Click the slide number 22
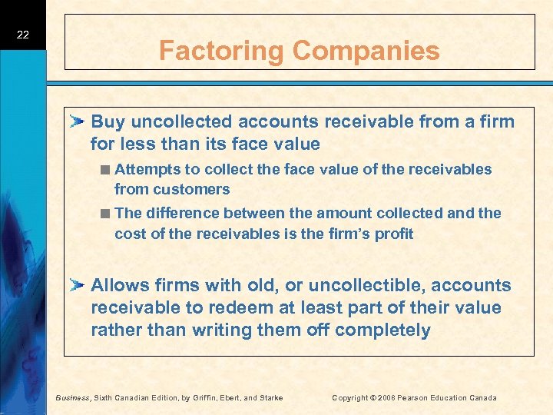pyautogui.click(x=23, y=35)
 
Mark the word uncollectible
pyautogui.click(x=361, y=285)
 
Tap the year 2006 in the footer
pyautogui.click(x=382, y=397)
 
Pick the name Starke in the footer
pyautogui.click(x=270, y=397)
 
